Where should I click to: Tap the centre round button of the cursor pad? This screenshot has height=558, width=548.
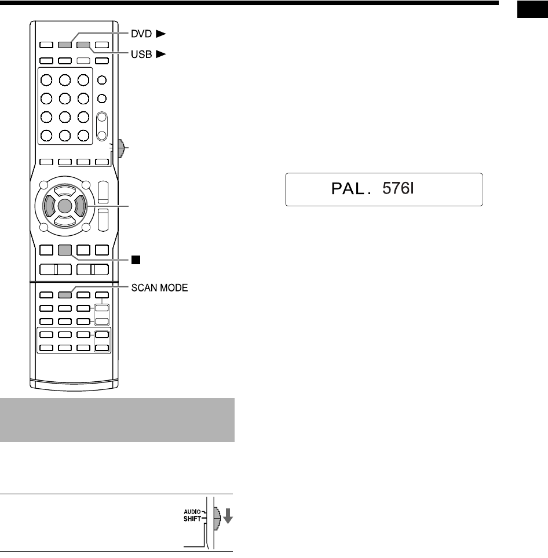(x=65, y=205)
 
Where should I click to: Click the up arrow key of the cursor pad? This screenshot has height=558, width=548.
(x=65, y=189)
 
